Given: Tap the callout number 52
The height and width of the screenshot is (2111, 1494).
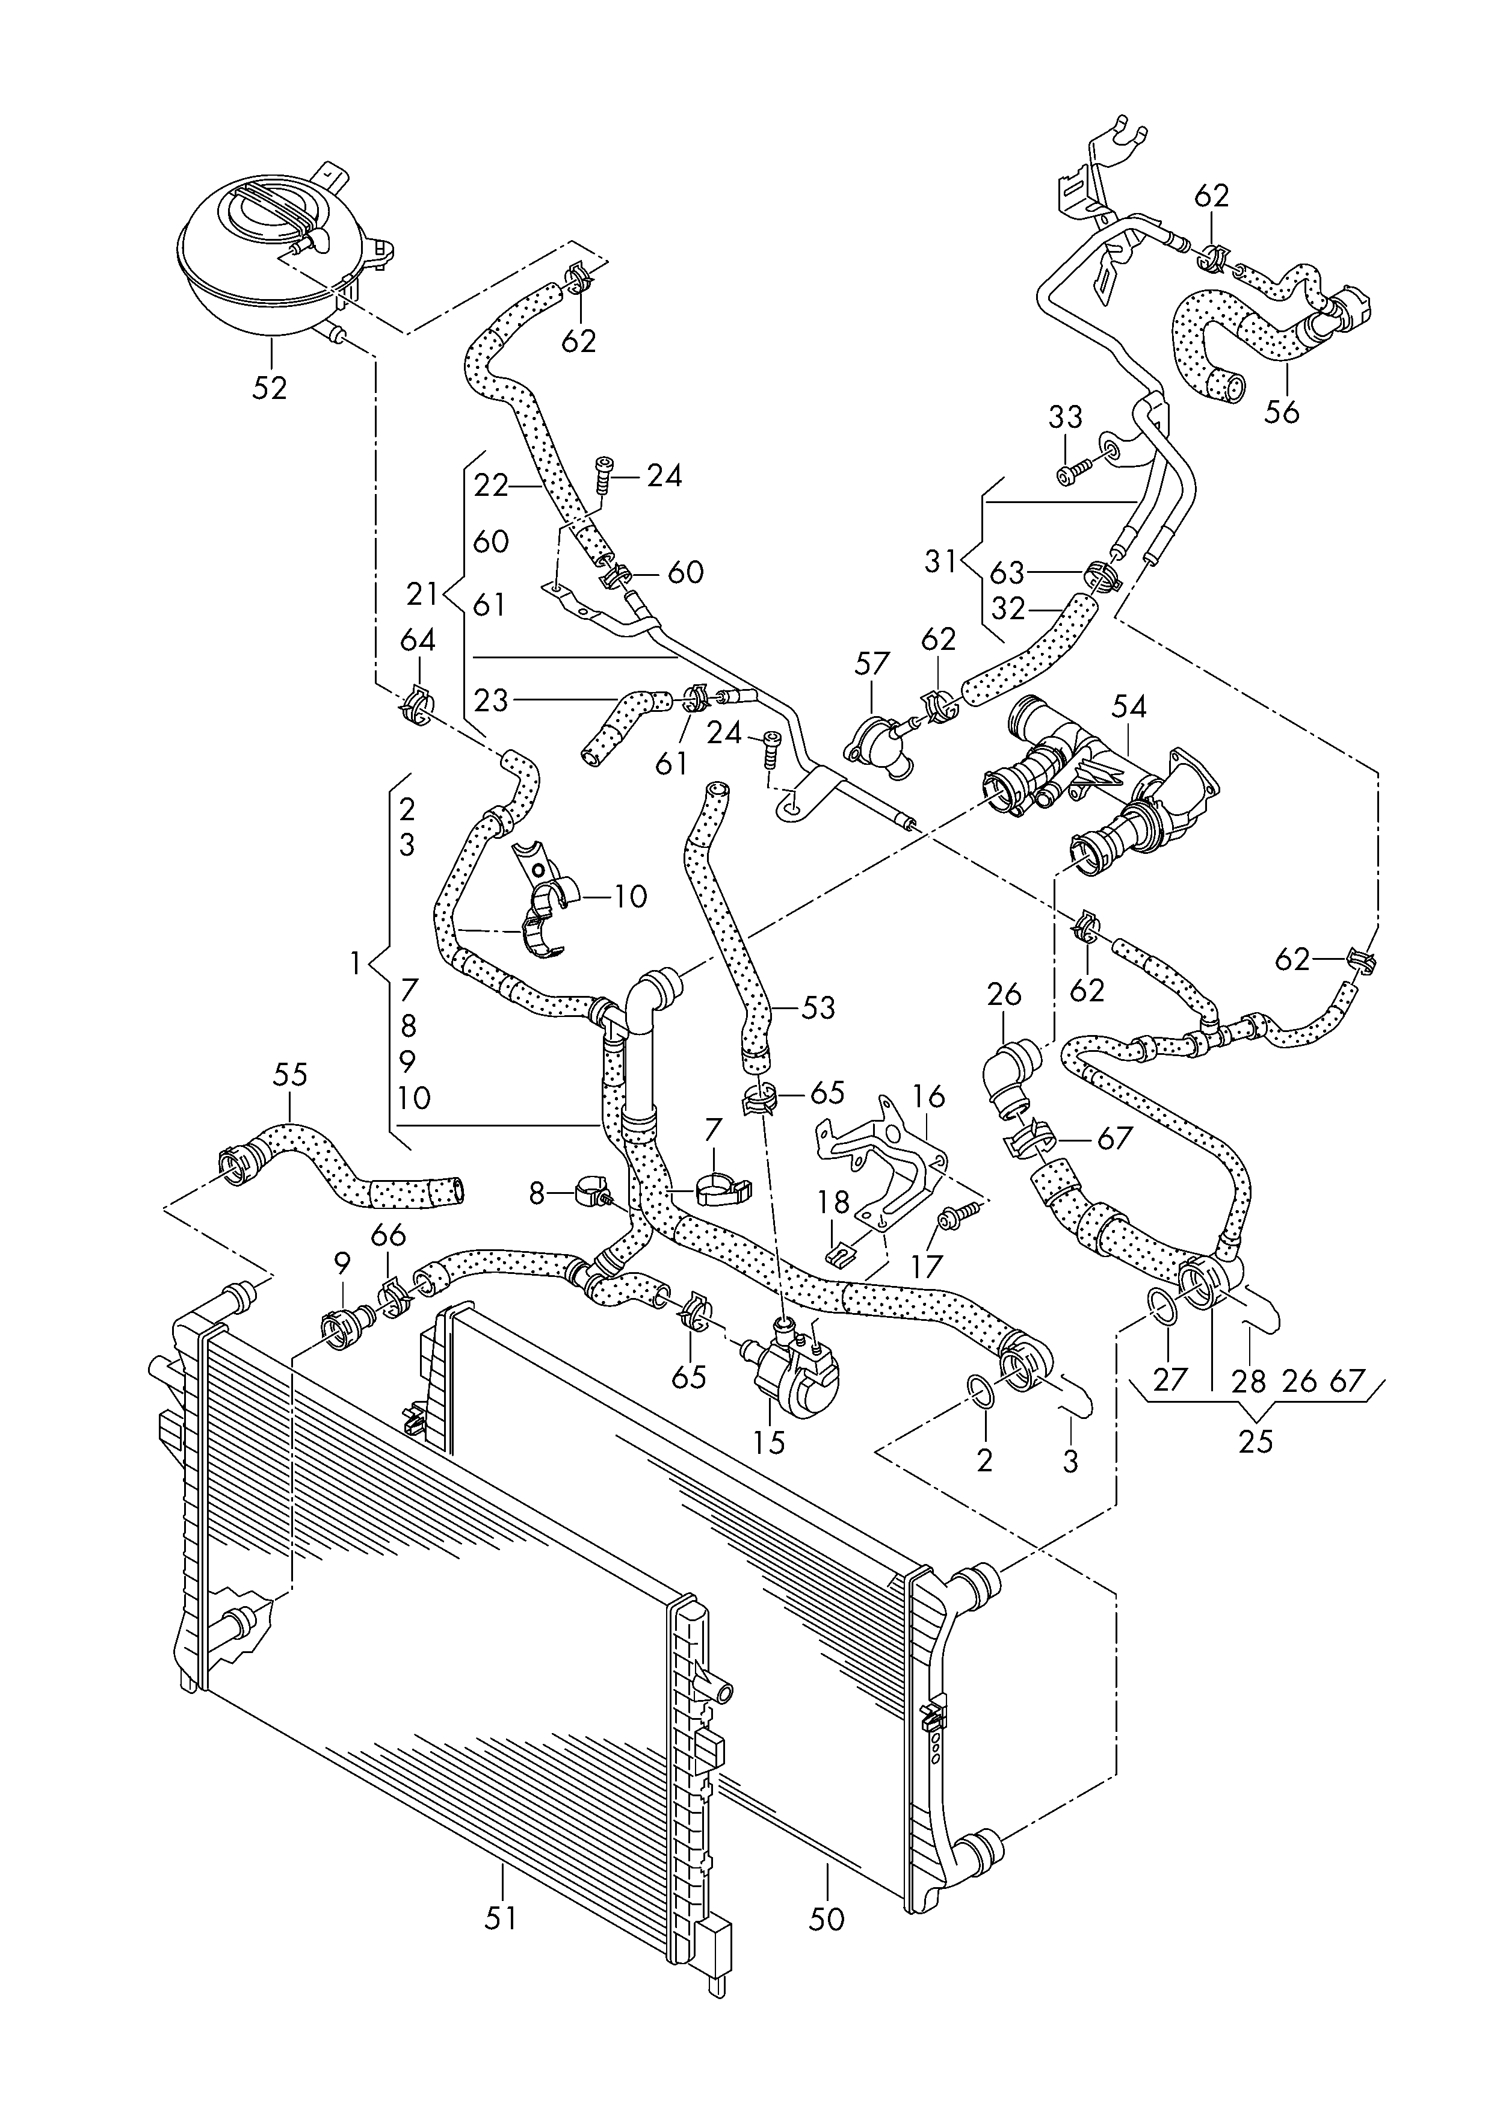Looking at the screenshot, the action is click(270, 388).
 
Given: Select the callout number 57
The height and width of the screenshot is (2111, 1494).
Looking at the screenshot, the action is click(872, 663).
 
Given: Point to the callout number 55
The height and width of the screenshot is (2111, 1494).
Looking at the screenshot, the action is click(290, 1074).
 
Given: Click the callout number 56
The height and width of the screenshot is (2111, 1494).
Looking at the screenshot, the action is click(1282, 411).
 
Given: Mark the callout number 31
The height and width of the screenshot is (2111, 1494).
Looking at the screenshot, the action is click(940, 561).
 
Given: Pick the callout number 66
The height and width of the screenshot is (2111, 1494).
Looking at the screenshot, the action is click(387, 1235).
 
